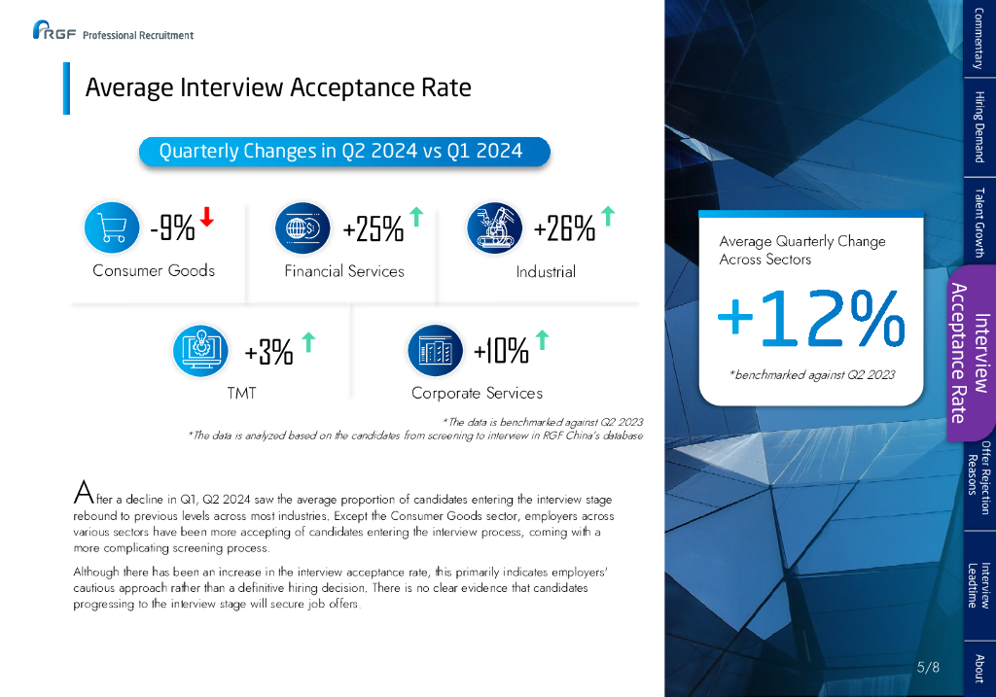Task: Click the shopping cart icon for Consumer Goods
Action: tap(113, 227)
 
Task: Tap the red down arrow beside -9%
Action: tap(206, 218)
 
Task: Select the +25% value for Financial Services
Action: tap(373, 229)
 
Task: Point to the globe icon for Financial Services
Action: tap(303, 227)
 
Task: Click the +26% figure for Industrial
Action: tap(564, 229)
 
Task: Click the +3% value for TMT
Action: tap(268, 353)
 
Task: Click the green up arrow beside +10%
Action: tap(543, 340)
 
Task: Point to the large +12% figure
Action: tap(809, 319)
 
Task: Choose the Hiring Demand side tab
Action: tap(978, 126)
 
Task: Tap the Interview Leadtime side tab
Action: tap(978, 584)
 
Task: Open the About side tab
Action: tap(978, 668)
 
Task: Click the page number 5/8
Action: tap(929, 667)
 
